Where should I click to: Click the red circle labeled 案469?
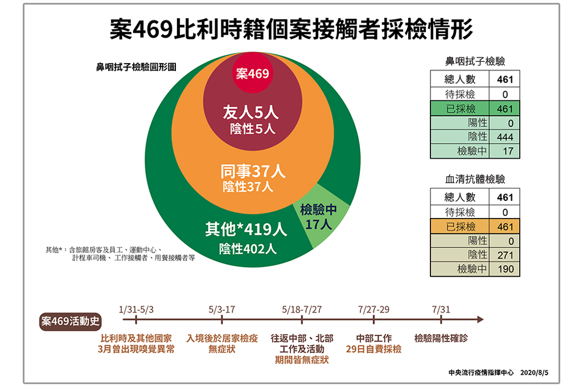tap(252, 73)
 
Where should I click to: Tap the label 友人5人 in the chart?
tap(251, 112)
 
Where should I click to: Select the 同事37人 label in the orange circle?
tap(253, 171)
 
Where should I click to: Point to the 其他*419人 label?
tap(246, 229)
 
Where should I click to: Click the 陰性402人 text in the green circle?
tap(248, 249)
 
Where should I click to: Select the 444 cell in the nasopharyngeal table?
tap(504, 137)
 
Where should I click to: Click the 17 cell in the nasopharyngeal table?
tap(504, 151)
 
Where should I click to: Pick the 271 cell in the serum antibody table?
tap(504, 254)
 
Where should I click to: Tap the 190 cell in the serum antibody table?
tap(504, 269)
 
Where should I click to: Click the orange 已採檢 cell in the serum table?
tap(460, 227)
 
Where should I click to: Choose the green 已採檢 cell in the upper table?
tap(460, 109)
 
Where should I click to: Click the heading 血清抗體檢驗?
tap(475, 179)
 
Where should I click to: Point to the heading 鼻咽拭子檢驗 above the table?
tap(475, 61)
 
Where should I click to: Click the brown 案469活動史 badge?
tap(70, 320)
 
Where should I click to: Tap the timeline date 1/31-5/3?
tap(136, 310)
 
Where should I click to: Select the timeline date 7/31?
tap(441, 310)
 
